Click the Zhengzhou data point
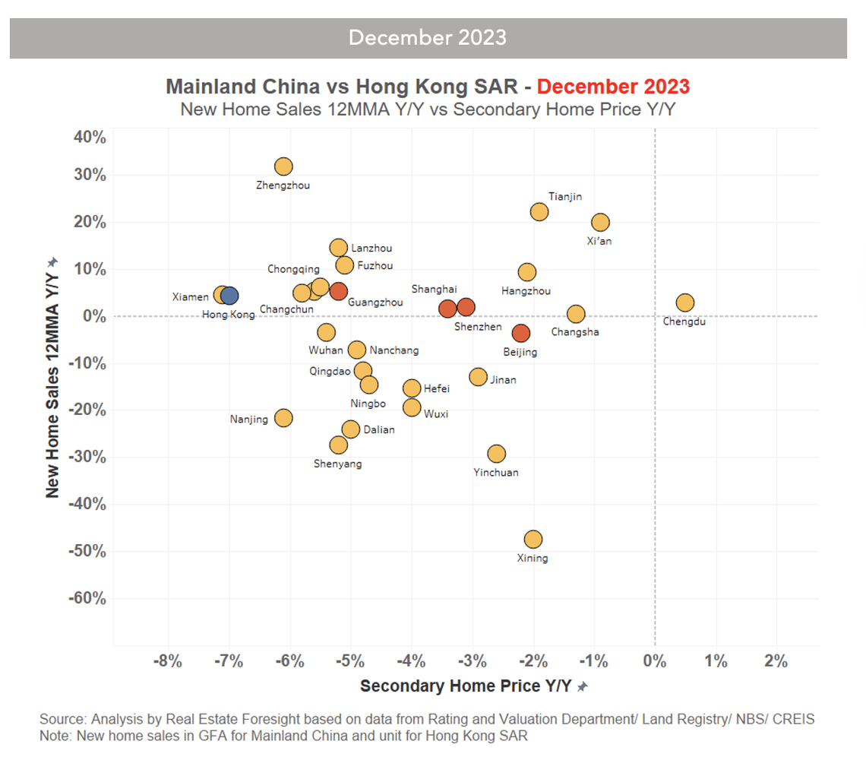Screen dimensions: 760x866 click(283, 166)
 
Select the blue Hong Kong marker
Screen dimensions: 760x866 click(229, 296)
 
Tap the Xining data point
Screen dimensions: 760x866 click(533, 540)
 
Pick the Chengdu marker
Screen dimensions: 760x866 click(685, 302)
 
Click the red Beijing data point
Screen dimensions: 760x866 click(520, 333)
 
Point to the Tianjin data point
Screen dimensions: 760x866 click(539, 212)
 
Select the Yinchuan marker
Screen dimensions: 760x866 click(497, 454)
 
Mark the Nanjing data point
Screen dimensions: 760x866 click(283, 418)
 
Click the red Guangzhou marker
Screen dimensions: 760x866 click(339, 291)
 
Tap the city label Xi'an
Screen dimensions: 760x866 click(599, 241)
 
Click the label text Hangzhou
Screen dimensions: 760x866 click(526, 290)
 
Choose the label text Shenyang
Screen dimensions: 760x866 click(337, 464)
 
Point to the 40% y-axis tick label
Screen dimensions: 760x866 click(89, 138)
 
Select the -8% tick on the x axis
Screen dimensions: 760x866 click(168, 660)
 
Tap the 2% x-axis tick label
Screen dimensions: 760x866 click(776, 660)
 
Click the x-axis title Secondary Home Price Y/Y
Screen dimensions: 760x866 click(465, 686)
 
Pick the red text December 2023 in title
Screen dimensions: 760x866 click(613, 86)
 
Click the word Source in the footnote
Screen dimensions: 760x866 click(63, 719)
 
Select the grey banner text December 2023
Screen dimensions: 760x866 click(428, 37)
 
